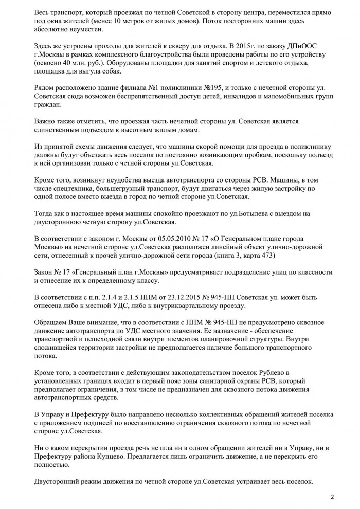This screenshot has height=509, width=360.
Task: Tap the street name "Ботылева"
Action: click(220, 214)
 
